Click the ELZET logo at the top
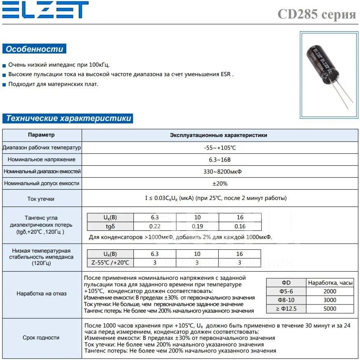click(x=45, y=10)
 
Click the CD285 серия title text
click(x=316, y=14)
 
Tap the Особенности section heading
click(x=34, y=49)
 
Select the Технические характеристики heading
click(x=68, y=118)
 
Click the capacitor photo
click(x=329, y=75)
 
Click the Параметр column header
click(x=41, y=135)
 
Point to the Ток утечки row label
click(x=41, y=199)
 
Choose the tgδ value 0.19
click(x=197, y=226)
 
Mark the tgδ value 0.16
click(x=240, y=226)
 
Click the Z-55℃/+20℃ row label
click(x=110, y=262)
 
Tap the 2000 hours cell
click(x=330, y=291)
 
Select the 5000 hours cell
click(x=330, y=309)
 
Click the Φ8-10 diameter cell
click(x=286, y=300)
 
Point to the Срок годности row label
click(x=41, y=338)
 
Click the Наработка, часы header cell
click(x=330, y=283)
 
